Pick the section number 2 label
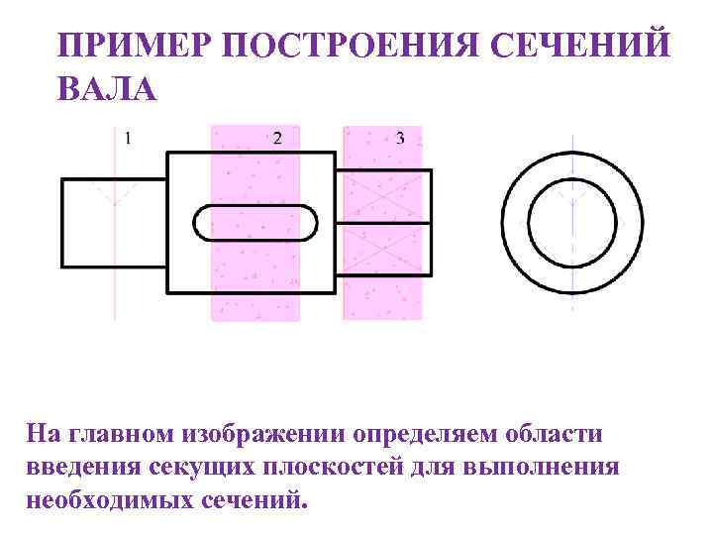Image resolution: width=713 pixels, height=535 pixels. point(277,139)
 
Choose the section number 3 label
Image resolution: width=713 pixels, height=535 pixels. point(400,139)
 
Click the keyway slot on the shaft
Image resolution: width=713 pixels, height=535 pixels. point(255,222)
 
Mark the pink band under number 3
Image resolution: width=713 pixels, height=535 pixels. point(381,297)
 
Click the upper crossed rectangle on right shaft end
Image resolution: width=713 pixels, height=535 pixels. point(383,197)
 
